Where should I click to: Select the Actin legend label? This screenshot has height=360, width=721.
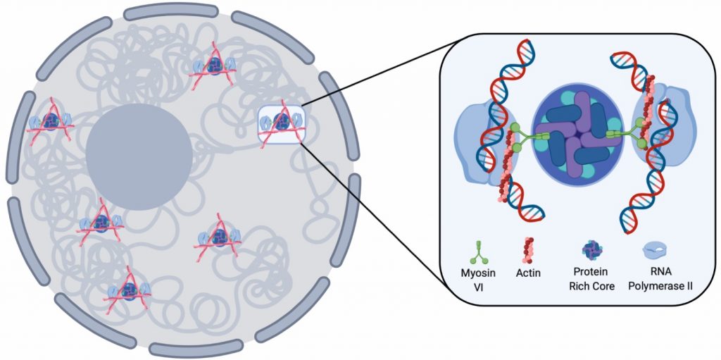pos(527,273)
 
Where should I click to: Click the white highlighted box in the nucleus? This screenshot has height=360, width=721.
pos(280,123)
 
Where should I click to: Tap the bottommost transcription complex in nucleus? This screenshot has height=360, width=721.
pos(128,289)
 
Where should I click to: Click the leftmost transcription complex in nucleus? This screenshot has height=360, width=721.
pos(50,123)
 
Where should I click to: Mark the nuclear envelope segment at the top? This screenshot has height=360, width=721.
pos(170,11)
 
